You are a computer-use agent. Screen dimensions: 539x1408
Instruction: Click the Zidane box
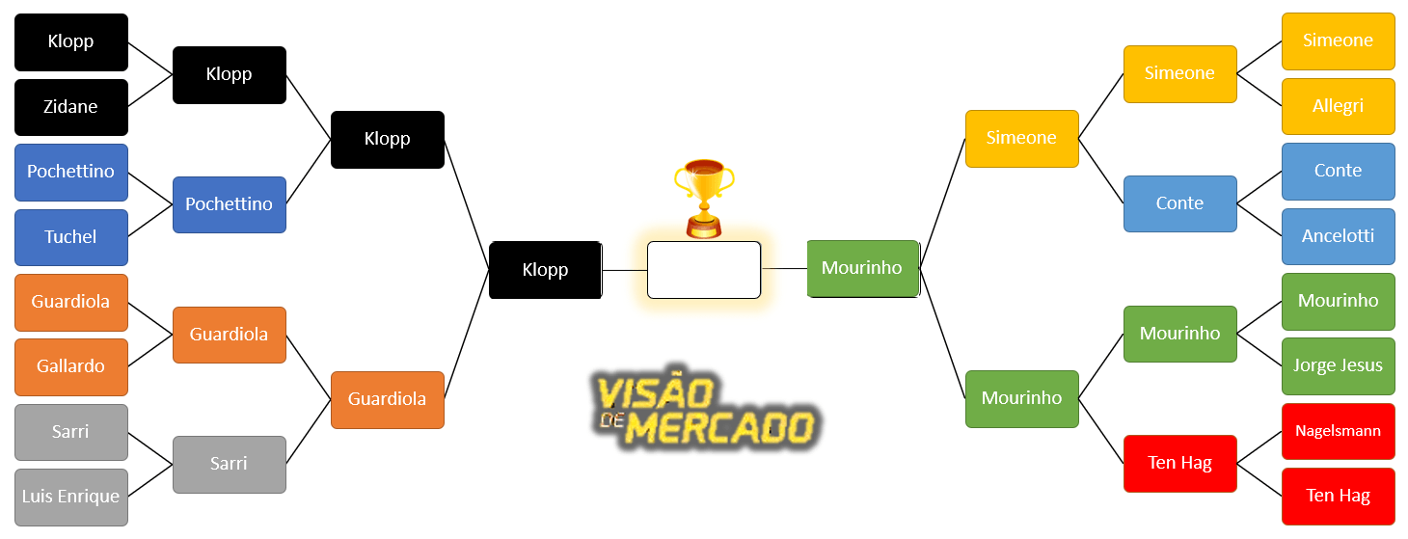(x=71, y=107)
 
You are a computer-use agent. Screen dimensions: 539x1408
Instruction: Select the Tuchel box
(x=71, y=237)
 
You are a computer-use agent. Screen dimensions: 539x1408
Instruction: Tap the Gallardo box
(x=71, y=366)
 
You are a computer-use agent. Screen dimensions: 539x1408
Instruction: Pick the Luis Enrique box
(x=71, y=497)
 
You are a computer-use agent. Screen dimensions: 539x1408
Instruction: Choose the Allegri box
(x=1338, y=106)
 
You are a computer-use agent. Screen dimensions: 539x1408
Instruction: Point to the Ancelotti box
(x=1338, y=236)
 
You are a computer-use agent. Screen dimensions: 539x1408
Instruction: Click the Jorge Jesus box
(x=1338, y=366)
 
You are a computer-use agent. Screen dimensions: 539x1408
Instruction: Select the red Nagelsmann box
(x=1338, y=431)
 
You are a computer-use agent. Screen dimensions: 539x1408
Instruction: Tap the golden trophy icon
(x=703, y=199)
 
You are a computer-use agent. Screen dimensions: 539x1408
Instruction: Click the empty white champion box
(x=704, y=270)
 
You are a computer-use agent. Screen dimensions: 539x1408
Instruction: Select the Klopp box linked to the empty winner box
(x=546, y=270)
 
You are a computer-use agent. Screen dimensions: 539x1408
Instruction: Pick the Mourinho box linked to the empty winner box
(x=863, y=268)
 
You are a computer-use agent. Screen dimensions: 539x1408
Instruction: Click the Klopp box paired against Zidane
(x=71, y=42)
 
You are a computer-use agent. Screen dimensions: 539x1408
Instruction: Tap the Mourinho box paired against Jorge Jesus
(x=1338, y=301)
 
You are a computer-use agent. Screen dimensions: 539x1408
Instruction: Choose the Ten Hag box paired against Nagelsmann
(x=1338, y=496)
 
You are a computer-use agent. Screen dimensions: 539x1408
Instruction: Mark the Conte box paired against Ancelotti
(x=1338, y=171)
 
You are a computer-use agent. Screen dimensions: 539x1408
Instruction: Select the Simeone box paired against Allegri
(x=1338, y=40)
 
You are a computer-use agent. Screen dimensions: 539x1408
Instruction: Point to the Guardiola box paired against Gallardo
(x=71, y=302)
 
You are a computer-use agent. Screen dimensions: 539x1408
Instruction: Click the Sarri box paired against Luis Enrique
(x=71, y=432)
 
